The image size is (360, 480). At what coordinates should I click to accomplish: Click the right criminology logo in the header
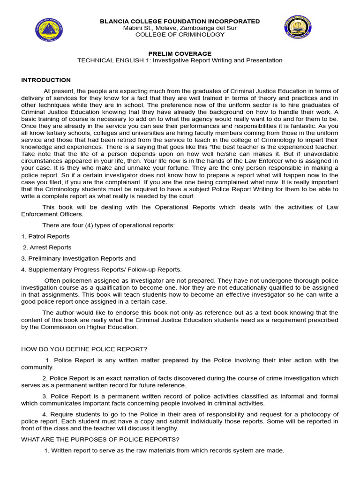(x=299, y=27)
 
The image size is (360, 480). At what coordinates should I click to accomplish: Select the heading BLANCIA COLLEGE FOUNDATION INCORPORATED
(x=180, y=21)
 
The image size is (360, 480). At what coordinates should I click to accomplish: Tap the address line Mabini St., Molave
(x=180, y=28)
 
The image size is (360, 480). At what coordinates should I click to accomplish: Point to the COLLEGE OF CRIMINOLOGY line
(x=180, y=34)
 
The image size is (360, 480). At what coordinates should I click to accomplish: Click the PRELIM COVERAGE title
(x=180, y=53)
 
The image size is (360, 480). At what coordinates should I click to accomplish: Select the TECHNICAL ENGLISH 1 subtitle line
(x=180, y=60)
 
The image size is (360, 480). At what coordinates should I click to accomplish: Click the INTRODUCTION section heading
(x=46, y=80)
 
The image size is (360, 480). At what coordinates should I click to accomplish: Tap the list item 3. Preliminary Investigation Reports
(x=78, y=258)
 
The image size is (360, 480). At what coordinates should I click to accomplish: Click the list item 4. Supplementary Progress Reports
(x=101, y=270)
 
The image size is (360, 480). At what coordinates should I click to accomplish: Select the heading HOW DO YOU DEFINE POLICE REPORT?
(x=84, y=349)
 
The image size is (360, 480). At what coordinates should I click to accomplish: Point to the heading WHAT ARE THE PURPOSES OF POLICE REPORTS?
(x=100, y=439)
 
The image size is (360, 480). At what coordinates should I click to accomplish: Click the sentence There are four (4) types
(x=108, y=225)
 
